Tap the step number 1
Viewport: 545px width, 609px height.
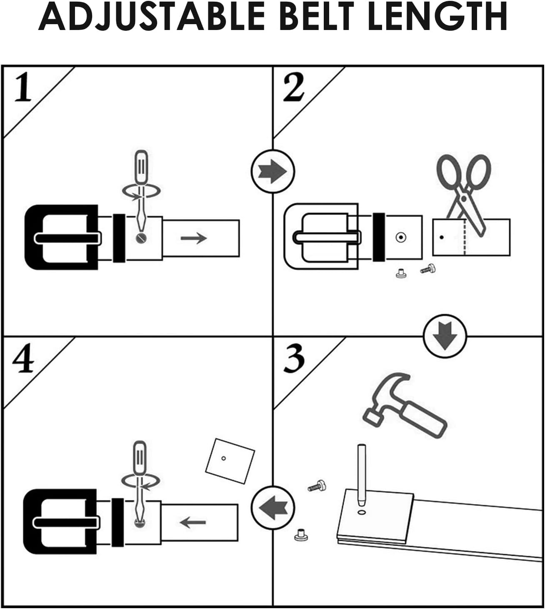(23, 88)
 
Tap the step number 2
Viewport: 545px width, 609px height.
(294, 87)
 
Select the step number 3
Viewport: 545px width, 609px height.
(294, 358)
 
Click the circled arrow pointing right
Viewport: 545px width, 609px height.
(273, 171)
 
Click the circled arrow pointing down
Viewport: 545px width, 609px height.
(445, 336)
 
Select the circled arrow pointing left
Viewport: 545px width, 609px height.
(273, 507)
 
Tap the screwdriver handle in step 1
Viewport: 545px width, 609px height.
(142, 167)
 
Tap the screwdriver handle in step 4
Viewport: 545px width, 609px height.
(139, 456)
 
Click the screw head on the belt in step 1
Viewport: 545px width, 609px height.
(140, 238)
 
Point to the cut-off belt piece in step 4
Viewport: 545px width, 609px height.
(230, 460)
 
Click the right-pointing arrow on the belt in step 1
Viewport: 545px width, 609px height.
(194, 238)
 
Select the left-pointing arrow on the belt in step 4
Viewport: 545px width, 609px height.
(193, 522)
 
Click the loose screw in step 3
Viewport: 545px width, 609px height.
(317, 486)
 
